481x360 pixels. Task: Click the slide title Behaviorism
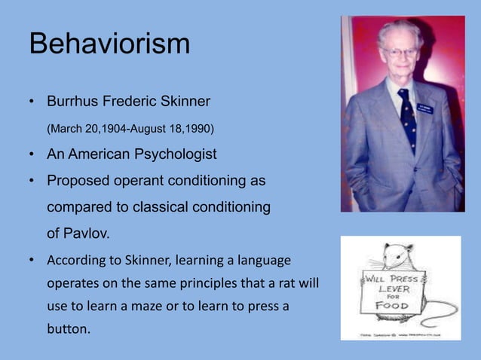(x=109, y=44)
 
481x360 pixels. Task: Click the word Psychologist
(x=174, y=154)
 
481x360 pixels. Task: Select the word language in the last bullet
(x=265, y=261)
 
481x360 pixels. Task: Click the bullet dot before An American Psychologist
(x=32, y=155)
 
